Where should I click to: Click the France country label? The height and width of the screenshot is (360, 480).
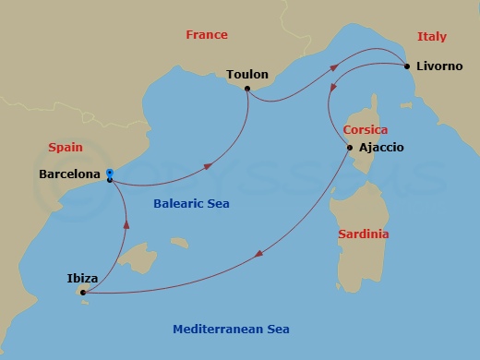(x=207, y=34)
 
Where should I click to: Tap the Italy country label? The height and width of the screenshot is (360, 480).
(x=431, y=37)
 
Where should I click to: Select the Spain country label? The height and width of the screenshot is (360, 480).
(x=66, y=147)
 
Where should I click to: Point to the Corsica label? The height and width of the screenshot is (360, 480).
(x=365, y=130)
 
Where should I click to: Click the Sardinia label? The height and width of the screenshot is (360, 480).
(x=363, y=234)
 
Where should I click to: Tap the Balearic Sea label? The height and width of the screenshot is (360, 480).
(x=190, y=203)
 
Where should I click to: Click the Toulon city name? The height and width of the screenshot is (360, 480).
(x=246, y=74)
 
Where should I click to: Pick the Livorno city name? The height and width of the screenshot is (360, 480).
(x=442, y=66)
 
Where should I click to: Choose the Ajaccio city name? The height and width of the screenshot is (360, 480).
(x=381, y=148)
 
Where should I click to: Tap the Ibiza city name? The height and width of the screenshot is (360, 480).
(x=84, y=276)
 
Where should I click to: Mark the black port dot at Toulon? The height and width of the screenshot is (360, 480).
(x=247, y=89)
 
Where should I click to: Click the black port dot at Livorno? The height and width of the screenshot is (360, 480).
(x=407, y=66)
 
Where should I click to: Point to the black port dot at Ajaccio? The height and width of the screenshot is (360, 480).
(x=349, y=148)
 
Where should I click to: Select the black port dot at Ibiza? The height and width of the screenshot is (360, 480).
(x=83, y=293)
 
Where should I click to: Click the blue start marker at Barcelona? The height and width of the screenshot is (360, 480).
(x=109, y=173)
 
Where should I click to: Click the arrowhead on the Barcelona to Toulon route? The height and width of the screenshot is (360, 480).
(x=210, y=166)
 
